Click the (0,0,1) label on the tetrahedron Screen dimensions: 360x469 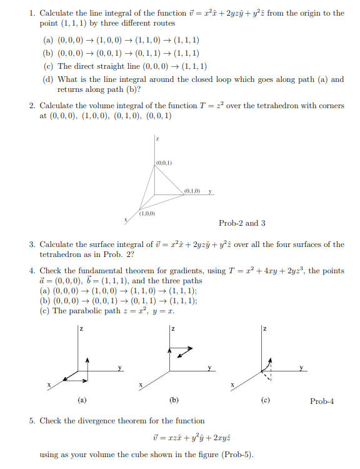(164, 163)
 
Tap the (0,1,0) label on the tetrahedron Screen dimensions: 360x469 (191, 190)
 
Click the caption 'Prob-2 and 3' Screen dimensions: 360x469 (242, 223)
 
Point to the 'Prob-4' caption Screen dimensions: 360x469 (322, 401)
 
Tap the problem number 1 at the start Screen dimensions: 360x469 (32, 13)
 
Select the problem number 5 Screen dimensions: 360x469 (32, 421)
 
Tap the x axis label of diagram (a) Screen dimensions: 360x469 (49, 384)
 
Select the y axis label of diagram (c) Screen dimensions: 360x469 (302, 367)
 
